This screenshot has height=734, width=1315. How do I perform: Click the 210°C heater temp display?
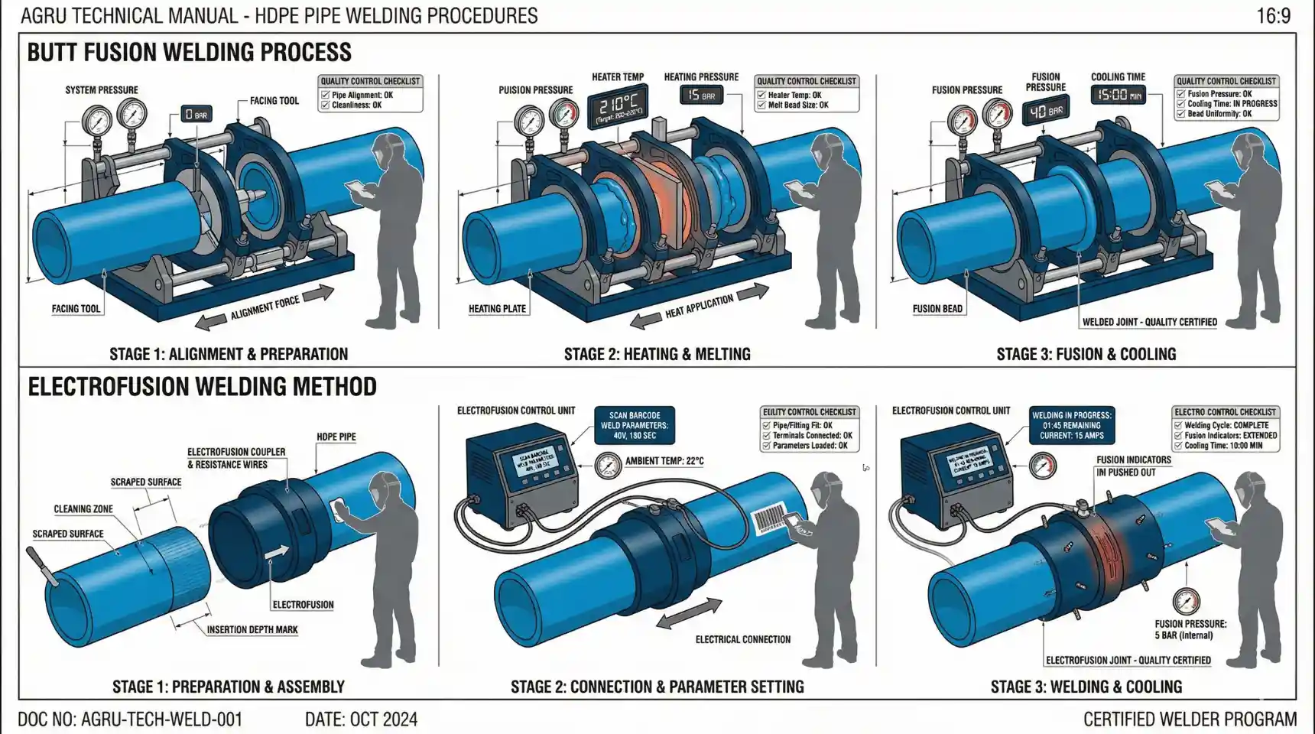click(617, 105)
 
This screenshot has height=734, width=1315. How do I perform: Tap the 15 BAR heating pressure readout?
click(700, 95)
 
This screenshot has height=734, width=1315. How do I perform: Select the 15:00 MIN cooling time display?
click(1117, 95)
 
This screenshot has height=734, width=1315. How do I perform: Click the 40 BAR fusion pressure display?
click(1045, 112)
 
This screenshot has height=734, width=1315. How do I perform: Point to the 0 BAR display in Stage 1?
click(196, 115)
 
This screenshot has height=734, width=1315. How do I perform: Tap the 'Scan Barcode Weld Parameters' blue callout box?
click(634, 426)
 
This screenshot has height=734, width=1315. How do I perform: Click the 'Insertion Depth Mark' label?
click(252, 630)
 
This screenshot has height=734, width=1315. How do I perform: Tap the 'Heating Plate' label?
click(497, 309)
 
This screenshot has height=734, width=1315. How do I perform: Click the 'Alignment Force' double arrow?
click(265, 308)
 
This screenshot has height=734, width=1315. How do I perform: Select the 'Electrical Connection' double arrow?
click(689, 614)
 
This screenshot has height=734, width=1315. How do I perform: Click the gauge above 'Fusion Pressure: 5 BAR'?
click(1186, 602)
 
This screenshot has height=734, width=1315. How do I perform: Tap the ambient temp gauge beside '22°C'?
click(607, 464)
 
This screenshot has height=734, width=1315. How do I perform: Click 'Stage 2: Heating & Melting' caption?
click(657, 354)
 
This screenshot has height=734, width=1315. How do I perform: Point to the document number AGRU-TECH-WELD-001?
click(130, 719)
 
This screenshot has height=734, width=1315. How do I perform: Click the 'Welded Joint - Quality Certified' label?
click(1149, 322)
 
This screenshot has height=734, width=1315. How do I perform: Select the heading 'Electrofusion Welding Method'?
click(202, 387)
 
